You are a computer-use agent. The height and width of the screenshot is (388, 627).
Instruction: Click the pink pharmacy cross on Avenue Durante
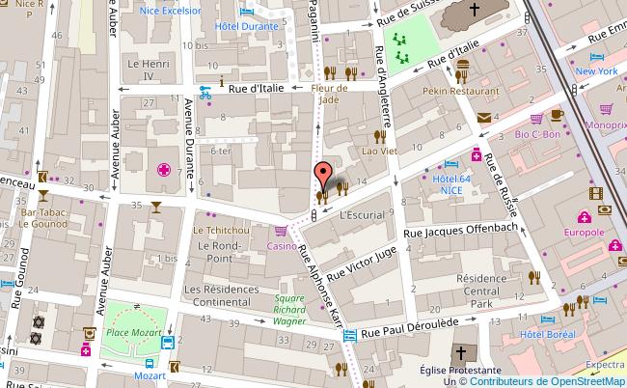[164, 171]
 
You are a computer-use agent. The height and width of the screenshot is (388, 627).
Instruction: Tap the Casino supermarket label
[282, 246]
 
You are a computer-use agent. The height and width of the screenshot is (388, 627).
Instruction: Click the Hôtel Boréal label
[547, 333]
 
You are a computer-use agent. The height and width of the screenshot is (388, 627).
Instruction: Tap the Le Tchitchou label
[217, 231]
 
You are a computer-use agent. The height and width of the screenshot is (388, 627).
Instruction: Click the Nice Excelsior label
[171, 11]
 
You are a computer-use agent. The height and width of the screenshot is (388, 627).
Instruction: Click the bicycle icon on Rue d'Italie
[204, 93]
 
